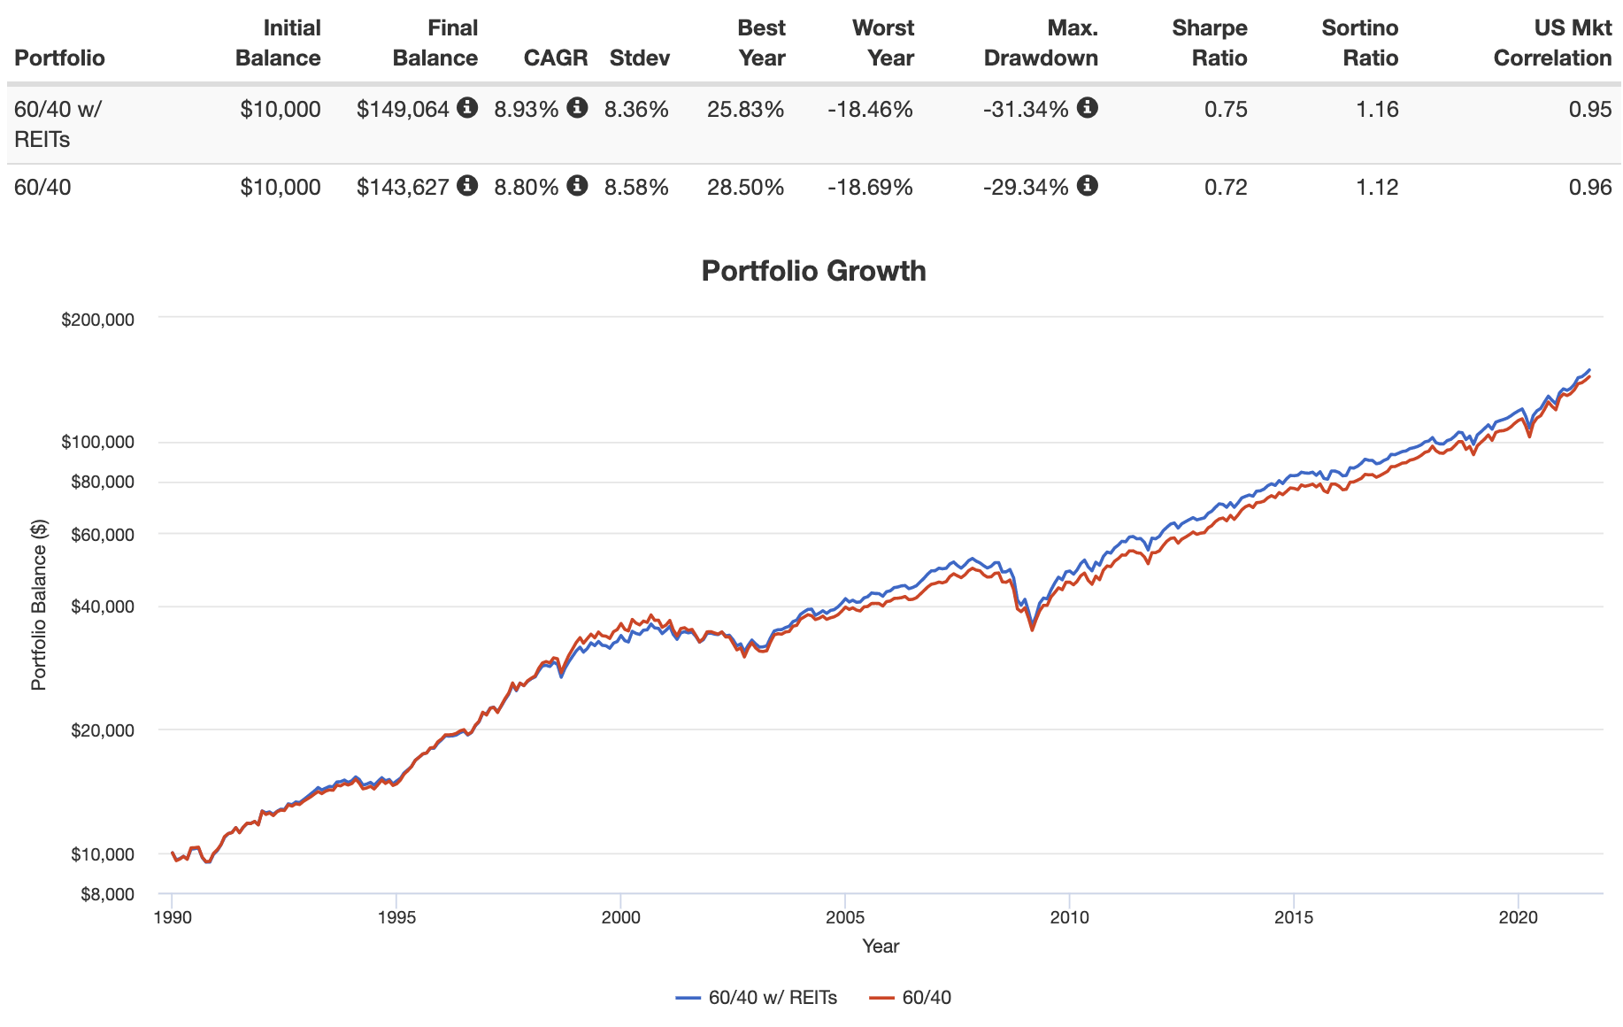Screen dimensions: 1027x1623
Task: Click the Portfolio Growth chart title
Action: (x=813, y=271)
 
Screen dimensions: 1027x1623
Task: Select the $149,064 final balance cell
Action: (x=403, y=110)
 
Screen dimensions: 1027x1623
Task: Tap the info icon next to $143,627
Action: (x=467, y=186)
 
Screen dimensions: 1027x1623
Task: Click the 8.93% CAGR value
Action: (x=526, y=110)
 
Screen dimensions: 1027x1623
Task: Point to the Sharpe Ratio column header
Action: (x=1209, y=42)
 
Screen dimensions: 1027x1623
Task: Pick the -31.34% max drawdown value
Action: (x=1026, y=110)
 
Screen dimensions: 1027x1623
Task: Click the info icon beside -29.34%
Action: (x=1088, y=186)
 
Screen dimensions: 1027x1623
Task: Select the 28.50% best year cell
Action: (x=745, y=188)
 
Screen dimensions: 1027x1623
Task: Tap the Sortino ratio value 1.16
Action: (x=1377, y=110)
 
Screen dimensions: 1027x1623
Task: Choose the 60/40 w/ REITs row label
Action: (x=57, y=124)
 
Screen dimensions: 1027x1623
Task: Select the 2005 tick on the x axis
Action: (x=845, y=917)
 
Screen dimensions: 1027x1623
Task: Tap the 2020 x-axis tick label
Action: (x=1519, y=917)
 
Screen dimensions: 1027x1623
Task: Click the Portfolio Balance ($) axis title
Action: (x=39, y=606)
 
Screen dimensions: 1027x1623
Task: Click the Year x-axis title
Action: (x=881, y=946)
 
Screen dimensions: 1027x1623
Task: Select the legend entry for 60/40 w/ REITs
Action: (x=757, y=998)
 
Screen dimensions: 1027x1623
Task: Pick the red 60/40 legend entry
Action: (x=911, y=998)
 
